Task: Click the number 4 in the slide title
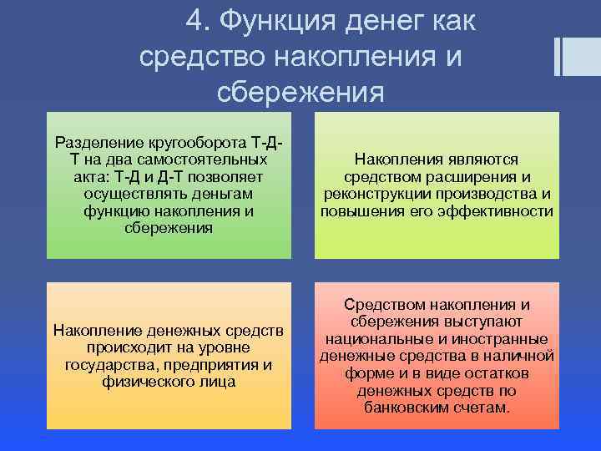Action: (194, 21)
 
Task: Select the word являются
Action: (478, 159)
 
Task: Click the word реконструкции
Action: (371, 194)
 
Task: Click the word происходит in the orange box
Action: (121, 347)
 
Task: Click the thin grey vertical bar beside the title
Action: (557, 56)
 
